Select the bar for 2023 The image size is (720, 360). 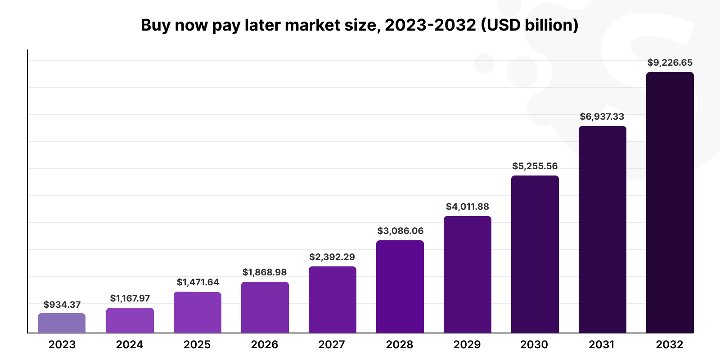[x=62, y=323]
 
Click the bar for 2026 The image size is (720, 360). [x=265, y=307]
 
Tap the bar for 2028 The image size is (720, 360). [x=400, y=287]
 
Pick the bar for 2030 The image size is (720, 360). [x=535, y=254]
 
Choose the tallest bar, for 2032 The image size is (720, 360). [x=670, y=202]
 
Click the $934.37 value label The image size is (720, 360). [x=62, y=305]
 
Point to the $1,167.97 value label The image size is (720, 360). [x=130, y=298]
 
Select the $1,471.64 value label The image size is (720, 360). [x=198, y=282]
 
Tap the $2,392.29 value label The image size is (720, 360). [x=332, y=257]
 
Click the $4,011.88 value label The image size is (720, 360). [x=468, y=207]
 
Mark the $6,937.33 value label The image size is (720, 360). [x=602, y=117]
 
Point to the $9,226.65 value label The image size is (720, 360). [x=670, y=63]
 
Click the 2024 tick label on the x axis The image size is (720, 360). [x=130, y=345]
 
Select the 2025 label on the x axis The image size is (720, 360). [x=197, y=345]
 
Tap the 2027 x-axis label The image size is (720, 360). [x=332, y=345]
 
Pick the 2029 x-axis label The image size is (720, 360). [x=467, y=345]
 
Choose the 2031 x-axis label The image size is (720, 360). [x=602, y=345]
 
